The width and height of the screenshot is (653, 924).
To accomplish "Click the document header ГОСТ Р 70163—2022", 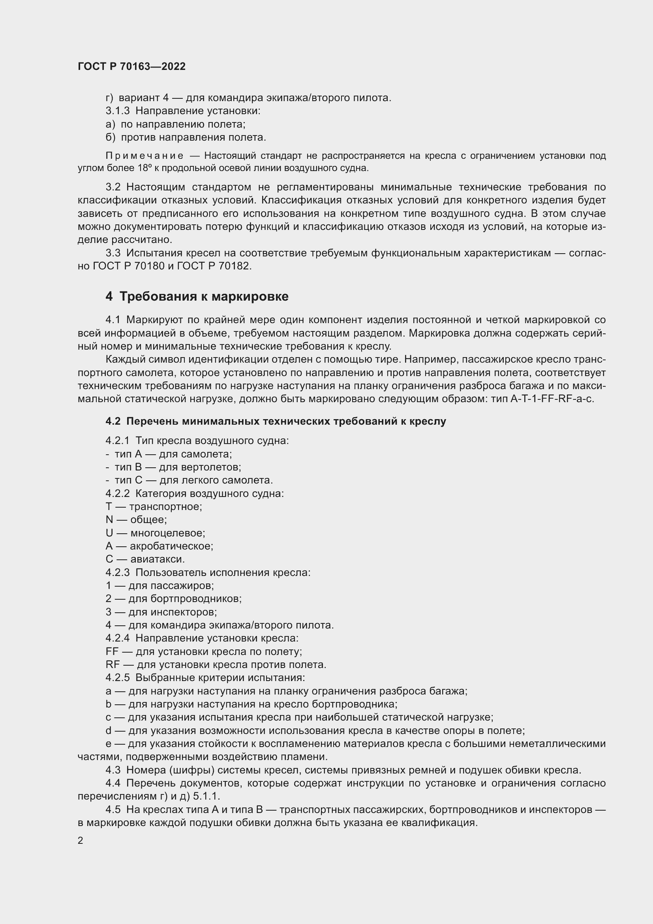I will [x=131, y=66].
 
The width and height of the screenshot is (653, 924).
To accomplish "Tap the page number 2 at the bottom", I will [x=81, y=841].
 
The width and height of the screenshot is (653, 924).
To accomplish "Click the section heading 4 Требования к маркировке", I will [x=197, y=297].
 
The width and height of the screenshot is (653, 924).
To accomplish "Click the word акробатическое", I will [x=171, y=546].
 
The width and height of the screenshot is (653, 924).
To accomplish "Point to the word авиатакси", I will [x=157, y=559].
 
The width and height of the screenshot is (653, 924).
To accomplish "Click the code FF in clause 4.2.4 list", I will [x=113, y=651].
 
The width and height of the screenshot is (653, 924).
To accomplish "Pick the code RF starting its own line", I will [x=113, y=665].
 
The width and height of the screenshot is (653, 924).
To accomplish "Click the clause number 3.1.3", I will [x=117, y=111].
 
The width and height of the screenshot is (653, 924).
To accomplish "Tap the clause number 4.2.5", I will [x=117, y=678].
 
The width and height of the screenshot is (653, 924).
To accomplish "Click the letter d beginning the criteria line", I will [x=109, y=730].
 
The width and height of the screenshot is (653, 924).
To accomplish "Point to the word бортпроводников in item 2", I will [x=196, y=599].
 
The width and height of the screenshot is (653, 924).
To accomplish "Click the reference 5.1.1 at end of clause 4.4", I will [x=206, y=796].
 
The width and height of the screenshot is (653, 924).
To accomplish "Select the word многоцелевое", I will [x=168, y=533].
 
